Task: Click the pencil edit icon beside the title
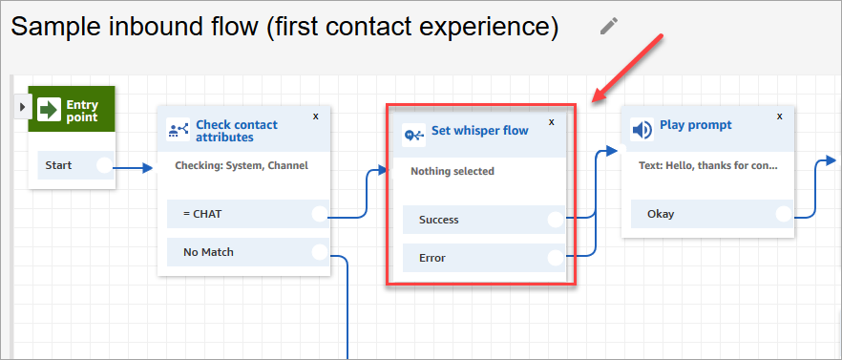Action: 609,26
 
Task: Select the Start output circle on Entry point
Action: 104,166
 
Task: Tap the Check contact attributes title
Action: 237,131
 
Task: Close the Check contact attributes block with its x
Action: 316,116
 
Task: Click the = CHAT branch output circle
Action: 320,215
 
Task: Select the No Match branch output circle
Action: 320,253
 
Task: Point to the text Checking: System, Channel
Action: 242,165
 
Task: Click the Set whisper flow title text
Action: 479,131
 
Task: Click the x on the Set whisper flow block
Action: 551,122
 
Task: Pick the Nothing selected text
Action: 453,172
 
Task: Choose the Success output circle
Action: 556,220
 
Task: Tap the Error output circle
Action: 556,258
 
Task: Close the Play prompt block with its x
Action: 780,116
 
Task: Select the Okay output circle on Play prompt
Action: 784,214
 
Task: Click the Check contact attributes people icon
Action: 178,131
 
